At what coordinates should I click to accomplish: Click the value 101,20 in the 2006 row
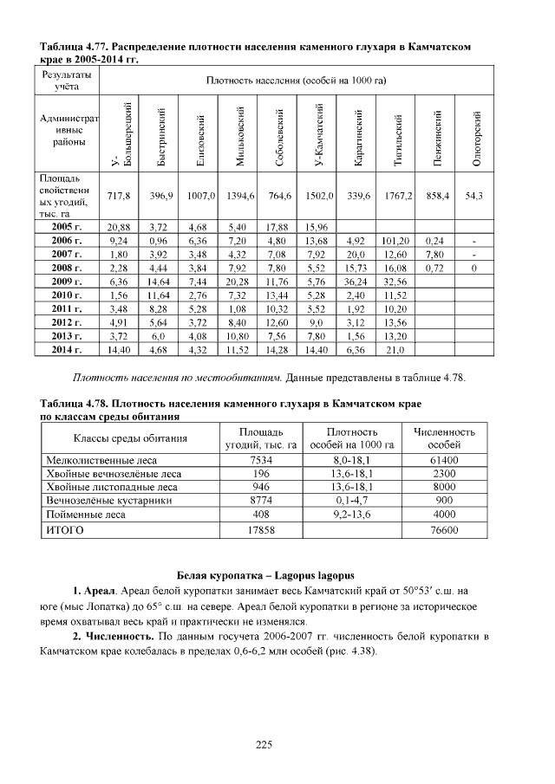395,240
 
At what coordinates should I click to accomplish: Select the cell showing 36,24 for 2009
356,282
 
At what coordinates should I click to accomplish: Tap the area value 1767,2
395,197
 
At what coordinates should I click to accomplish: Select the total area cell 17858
260,528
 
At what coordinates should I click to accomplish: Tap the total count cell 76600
444,528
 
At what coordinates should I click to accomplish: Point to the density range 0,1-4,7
351,500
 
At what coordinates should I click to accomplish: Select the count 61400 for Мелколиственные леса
444,459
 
